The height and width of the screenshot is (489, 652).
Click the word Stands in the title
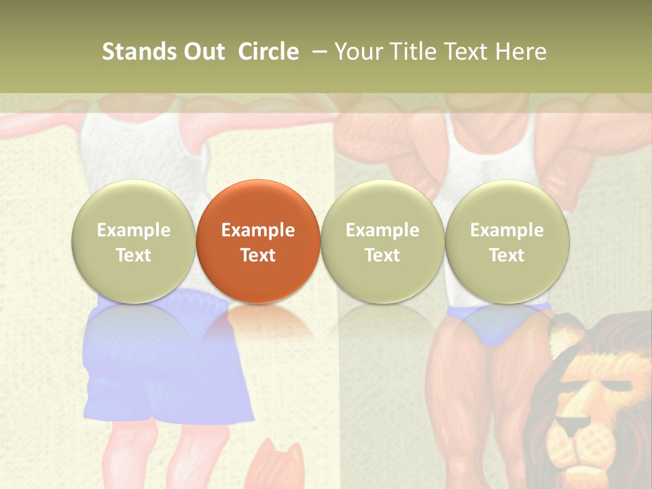[x=135, y=52]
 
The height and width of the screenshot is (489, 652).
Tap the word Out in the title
[x=202, y=52]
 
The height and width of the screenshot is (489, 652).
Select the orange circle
[x=258, y=241]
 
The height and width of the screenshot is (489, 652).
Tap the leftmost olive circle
[x=134, y=241]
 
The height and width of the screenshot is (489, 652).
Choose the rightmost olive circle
[x=507, y=241]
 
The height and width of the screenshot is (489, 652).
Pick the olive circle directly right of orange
[x=382, y=241]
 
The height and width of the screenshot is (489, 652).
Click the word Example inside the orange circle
[x=258, y=230]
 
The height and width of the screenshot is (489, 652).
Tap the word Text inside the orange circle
[x=258, y=255]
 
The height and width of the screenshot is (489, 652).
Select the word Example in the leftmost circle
[x=134, y=230]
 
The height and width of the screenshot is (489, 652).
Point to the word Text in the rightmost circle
[x=507, y=255]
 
